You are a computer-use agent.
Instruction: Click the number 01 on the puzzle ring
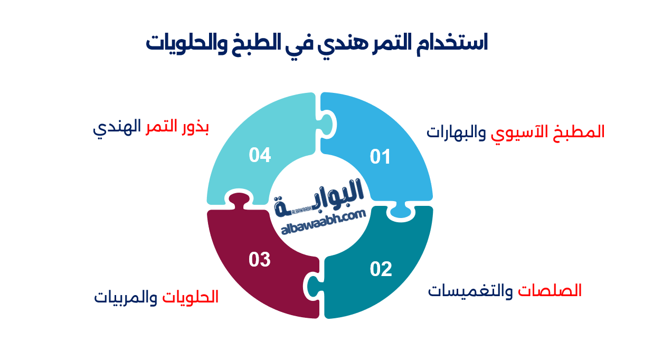tap(380, 157)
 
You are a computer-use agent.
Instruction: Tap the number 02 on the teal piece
tap(381, 269)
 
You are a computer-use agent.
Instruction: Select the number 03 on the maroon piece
tap(260, 260)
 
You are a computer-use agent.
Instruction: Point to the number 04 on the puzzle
tap(260, 155)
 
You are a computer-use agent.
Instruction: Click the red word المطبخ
tap(585, 131)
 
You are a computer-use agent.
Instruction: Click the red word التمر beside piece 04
tap(162, 128)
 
